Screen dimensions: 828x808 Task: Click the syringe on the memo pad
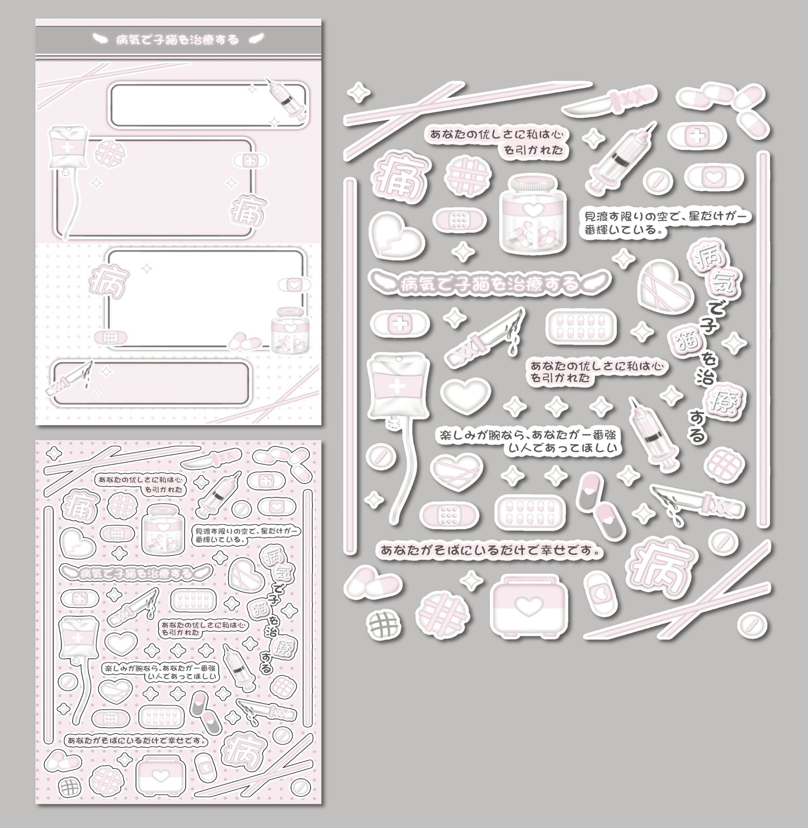[287, 99]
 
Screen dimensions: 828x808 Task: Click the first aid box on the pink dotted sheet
[159, 776]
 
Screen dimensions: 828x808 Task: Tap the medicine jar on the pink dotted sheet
[162, 528]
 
